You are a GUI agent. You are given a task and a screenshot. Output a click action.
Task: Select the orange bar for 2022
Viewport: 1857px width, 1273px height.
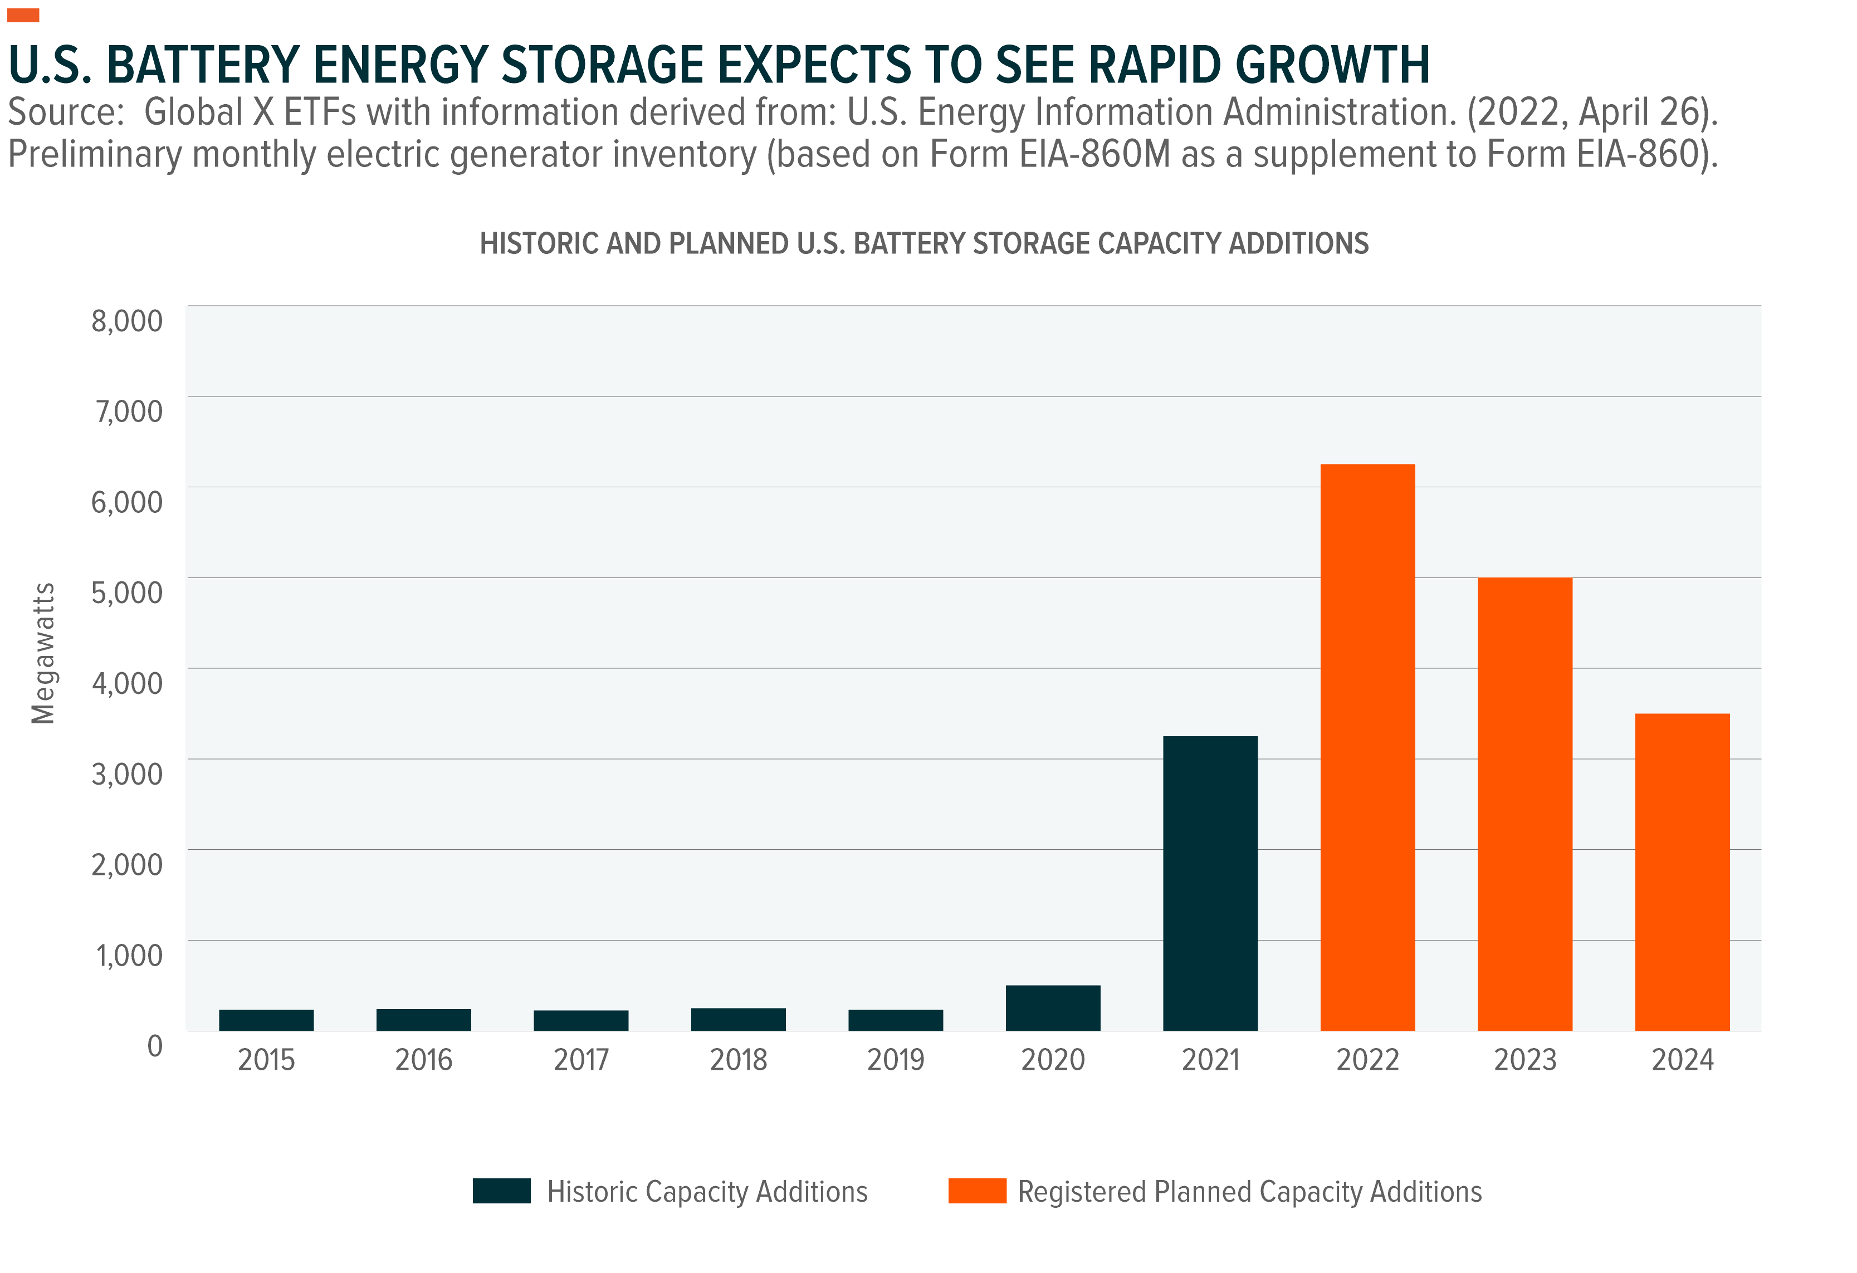(1367, 747)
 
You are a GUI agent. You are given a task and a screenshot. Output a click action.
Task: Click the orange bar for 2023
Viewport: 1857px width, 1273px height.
(1524, 804)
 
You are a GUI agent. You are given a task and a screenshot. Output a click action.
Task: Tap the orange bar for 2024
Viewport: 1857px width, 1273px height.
(1682, 872)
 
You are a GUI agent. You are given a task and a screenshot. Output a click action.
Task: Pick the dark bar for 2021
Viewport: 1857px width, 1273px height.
(1210, 883)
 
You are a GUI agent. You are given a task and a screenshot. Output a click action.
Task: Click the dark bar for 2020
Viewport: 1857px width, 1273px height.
(1052, 1008)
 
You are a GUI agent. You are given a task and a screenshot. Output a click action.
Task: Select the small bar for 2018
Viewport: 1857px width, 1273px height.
(739, 1019)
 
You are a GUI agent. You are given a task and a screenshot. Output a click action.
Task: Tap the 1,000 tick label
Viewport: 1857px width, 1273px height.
(129, 956)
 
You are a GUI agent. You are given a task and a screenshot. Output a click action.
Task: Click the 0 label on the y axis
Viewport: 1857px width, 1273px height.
(155, 1046)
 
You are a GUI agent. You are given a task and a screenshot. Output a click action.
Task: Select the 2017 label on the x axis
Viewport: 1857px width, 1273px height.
(581, 1060)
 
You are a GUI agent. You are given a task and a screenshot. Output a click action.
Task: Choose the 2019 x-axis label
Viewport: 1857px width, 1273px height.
(896, 1060)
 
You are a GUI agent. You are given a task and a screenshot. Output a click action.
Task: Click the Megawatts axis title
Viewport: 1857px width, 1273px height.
(43, 654)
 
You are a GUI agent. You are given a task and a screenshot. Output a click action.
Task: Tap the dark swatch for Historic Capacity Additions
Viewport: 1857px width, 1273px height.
(501, 1191)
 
